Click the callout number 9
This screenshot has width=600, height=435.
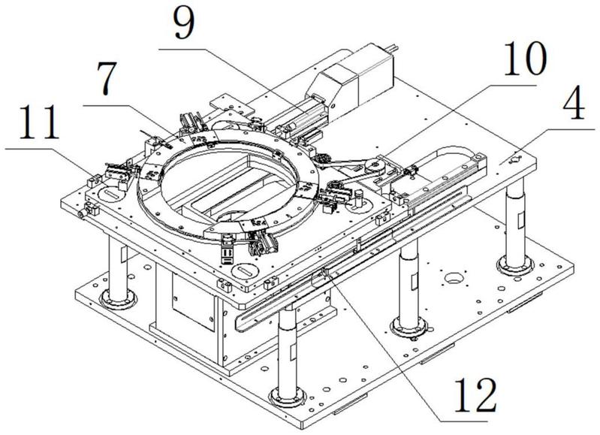(x=184, y=24)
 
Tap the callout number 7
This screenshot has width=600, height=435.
(x=106, y=79)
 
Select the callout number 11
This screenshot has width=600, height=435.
(x=39, y=122)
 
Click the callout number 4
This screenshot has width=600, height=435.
(x=574, y=104)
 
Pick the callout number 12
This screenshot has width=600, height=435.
(x=475, y=394)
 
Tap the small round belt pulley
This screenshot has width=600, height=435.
(x=372, y=167)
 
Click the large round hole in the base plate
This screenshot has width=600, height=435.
(x=454, y=277)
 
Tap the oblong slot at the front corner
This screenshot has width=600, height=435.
(x=243, y=270)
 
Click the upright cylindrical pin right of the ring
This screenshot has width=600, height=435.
(x=358, y=196)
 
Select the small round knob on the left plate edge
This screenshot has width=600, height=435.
(x=82, y=214)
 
